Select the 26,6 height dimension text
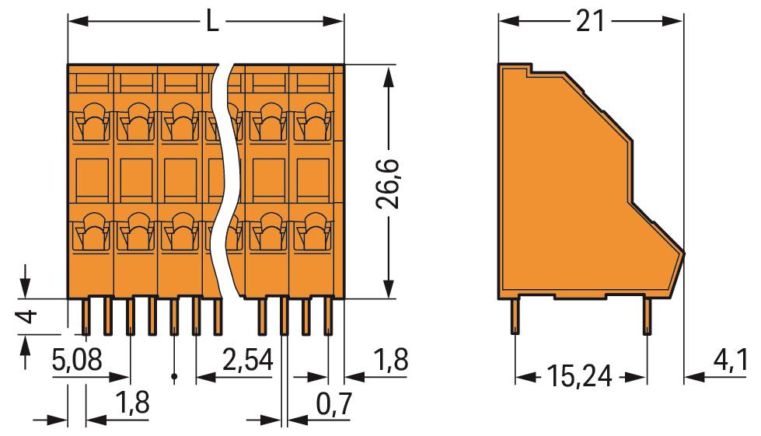click(x=388, y=183)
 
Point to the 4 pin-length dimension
click(x=26, y=316)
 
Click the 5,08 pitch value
click(x=76, y=361)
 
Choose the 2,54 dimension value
click(x=247, y=361)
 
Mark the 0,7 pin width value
click(x=334, y=404)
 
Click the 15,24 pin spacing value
click(x=578, y=378)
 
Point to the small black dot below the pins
click(x=174, y=378)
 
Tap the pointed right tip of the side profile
click(x=683, y=253)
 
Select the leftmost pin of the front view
click(x=86, y=316)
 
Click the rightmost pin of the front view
click(x=328, y=316)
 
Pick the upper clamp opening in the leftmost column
click(x=92, y=120)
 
